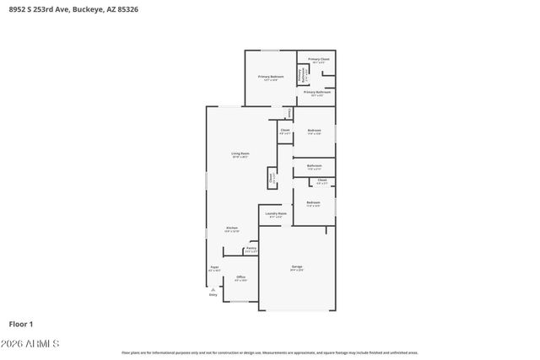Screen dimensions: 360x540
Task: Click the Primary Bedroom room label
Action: click(x=271, y=77)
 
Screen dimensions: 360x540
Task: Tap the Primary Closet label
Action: click(x=318, y=59)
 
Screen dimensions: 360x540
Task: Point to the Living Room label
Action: click(x=240, y=153)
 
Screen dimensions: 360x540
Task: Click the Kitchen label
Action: click(x=232, y=228)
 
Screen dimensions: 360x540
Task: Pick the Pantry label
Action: click(x=251, y=249)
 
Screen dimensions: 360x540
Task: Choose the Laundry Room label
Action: click(x=275, y=213)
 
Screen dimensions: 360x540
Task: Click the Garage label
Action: click(x=297, y=267)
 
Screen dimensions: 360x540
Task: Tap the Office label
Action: click(x=240, y=277)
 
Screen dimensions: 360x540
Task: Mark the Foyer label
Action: click(x=214, y=267)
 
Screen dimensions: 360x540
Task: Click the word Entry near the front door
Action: click(x=213, y=294)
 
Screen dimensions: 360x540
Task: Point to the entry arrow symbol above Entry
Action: click(x=213, y=287)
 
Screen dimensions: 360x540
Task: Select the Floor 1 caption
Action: click(x=21, y=323)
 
